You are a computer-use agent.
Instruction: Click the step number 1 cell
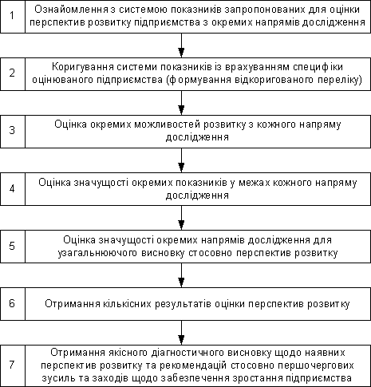(13, 17)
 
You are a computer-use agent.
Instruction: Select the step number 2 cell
(13, 74)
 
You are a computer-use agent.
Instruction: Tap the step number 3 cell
(13, 132)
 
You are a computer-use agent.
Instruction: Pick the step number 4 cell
(13, 189)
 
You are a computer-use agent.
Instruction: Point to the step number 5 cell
(13, 247)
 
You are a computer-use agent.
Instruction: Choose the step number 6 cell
(13, 304)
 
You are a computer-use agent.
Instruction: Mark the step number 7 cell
(13, 366)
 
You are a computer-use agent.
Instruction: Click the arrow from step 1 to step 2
(181, 45)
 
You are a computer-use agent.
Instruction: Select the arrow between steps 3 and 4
(181, 160)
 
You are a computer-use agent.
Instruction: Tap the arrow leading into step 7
(181, 333)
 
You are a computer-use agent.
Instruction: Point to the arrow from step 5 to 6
(181, 275)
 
